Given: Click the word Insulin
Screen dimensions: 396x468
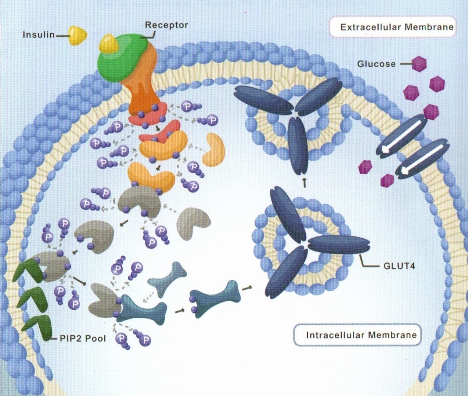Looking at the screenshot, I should click(38, 35).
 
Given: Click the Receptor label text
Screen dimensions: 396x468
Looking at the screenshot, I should click(166, 25).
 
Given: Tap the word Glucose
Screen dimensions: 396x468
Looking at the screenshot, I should click(376, 64).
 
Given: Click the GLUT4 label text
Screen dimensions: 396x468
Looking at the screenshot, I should click(399, 266).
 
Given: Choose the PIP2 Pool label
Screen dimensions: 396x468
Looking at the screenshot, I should click(83, 338).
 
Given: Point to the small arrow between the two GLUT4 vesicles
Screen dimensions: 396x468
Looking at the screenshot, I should click(304, 181).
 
